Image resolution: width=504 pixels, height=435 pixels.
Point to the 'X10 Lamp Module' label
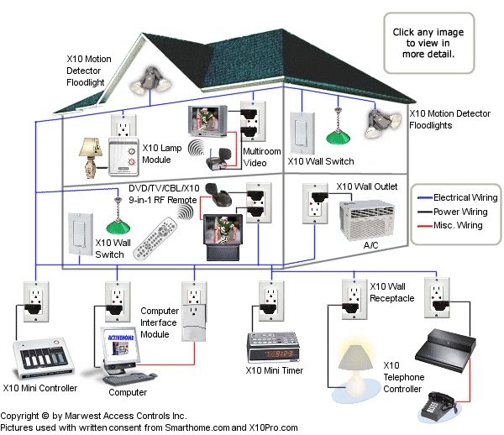coord(165,151)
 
